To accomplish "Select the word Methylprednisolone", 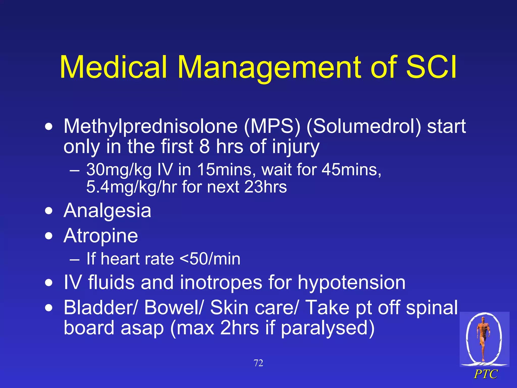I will pos(150,126).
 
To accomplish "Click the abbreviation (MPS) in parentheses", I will pos(272,126).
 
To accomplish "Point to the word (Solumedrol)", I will pos(364,126).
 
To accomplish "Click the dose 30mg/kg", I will pos(119,169).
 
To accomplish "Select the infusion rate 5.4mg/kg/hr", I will pos(131,187).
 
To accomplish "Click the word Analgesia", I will pos(107,211).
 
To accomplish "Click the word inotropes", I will pos(221,282).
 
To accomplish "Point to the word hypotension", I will pos(351,282).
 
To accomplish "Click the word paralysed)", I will pos(327,328).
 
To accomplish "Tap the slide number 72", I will pos(258,363).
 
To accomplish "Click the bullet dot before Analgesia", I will pos(49,211).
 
